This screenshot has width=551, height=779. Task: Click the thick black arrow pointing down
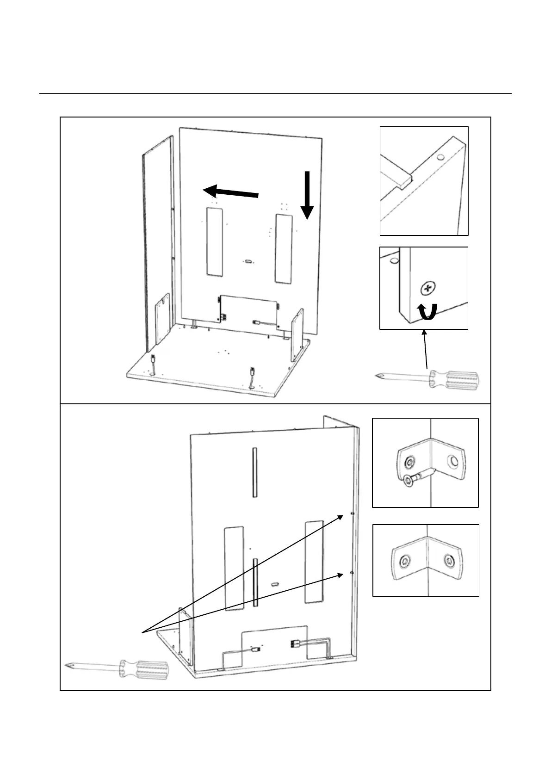(x=307, y=195)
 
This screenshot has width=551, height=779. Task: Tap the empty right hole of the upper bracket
(x=453, y=461)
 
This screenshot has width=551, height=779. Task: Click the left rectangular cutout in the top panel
(x=215, y=242)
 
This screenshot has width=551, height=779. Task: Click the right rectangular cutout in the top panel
(x=284, y=248)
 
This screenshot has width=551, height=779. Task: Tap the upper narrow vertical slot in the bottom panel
(x=254, y=472)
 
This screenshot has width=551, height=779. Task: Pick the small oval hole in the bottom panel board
(x=275, y=584)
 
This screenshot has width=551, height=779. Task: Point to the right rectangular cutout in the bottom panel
(x=314, y=561)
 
